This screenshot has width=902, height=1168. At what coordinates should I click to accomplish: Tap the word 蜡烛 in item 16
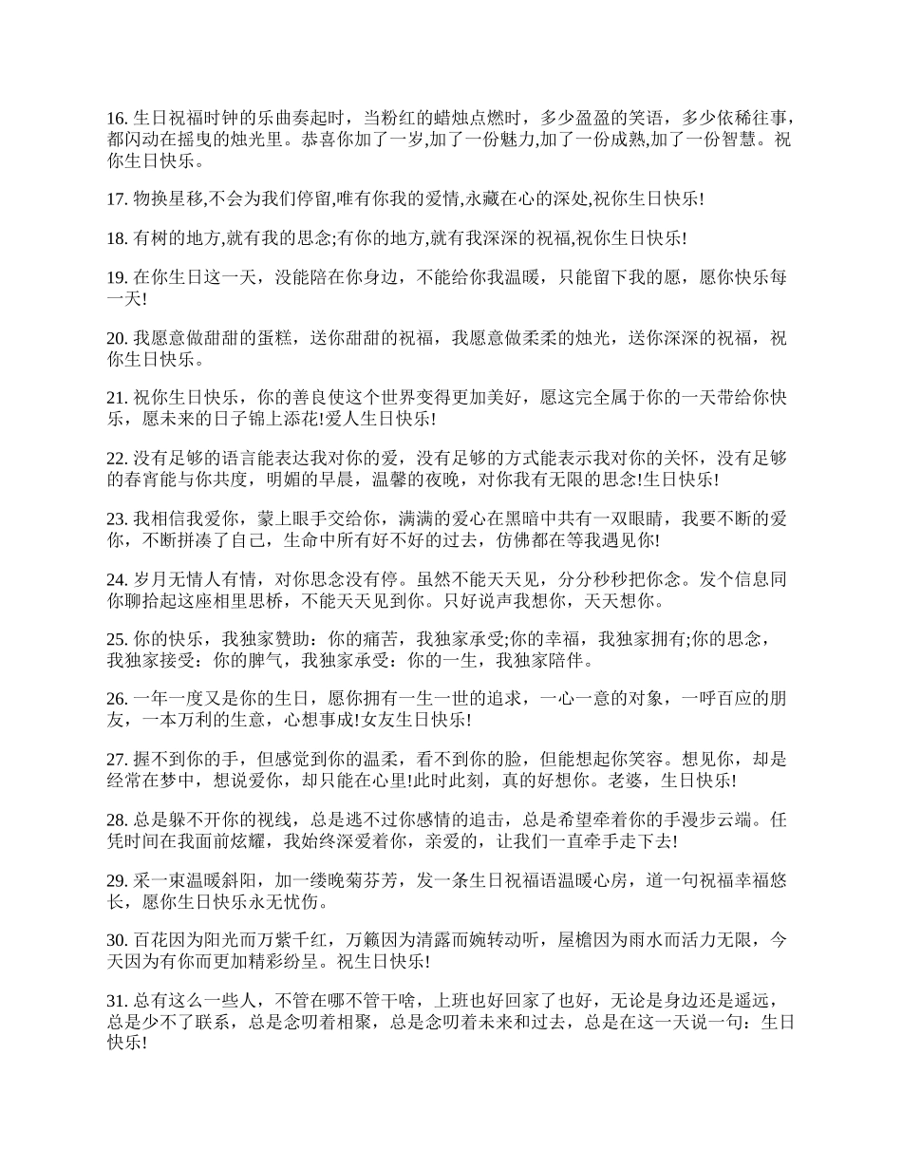(x=451, y=120)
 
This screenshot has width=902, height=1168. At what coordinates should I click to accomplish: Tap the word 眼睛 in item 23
(x=648, y=519)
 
